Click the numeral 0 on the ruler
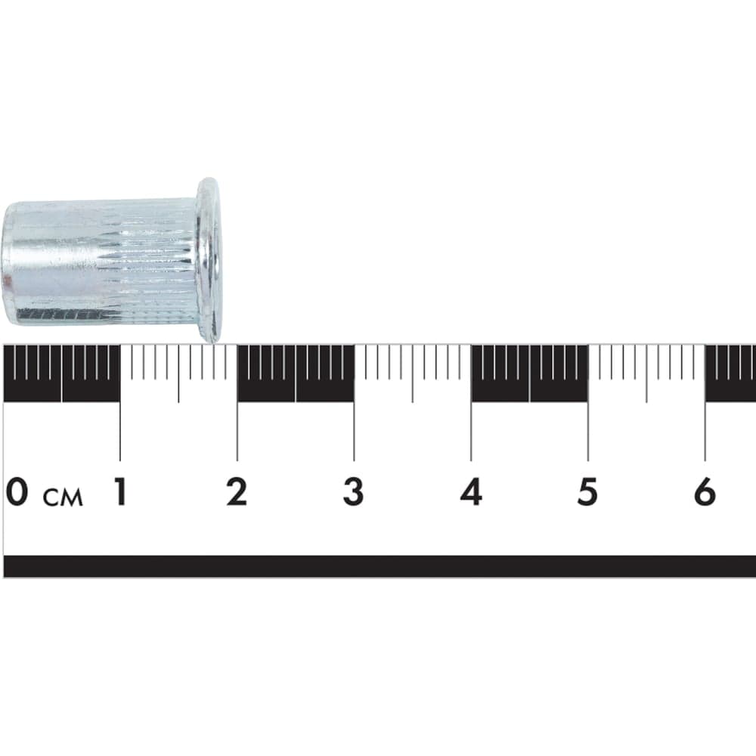(17, 491)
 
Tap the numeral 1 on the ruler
(121, 491)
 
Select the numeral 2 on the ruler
(237, 491)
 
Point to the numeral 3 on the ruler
(353, 491)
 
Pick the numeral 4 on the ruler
(471, 491)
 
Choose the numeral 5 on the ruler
(587, 491)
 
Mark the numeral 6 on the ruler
(705, 491)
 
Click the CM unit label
(64, 497)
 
